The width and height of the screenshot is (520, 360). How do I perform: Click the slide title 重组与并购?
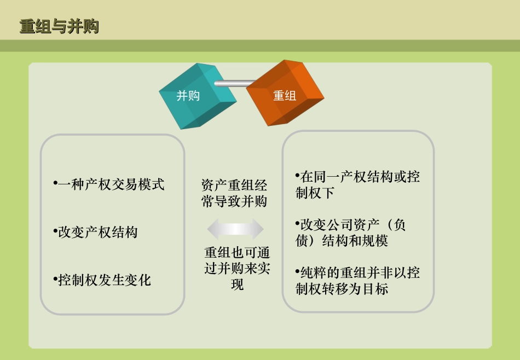pos(59,26)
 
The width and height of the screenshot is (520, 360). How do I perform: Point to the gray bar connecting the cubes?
pos(233,84)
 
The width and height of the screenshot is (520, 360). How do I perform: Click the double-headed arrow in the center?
pos(235,229)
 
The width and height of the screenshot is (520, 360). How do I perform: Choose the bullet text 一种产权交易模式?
pos(109,184)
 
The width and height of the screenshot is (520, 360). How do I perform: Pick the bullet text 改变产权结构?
pos(96,233)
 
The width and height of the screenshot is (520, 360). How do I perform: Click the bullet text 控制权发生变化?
pos(103,281)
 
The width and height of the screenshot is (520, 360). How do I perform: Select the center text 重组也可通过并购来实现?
pos(237,269)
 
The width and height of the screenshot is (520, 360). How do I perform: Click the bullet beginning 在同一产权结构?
pos(357,185)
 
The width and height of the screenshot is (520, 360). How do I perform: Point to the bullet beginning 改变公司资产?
pos(350,233)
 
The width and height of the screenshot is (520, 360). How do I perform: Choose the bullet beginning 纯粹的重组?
pos(357,281)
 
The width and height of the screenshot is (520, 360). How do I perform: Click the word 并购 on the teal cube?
pos(188,96)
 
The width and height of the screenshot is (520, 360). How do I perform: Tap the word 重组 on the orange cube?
pos(285,96)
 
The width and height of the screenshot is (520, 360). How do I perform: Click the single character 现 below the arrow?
pos(237,285)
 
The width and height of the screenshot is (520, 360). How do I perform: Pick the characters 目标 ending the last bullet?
pos(375,289)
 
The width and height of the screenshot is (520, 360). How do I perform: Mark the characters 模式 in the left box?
pos(152,184)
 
